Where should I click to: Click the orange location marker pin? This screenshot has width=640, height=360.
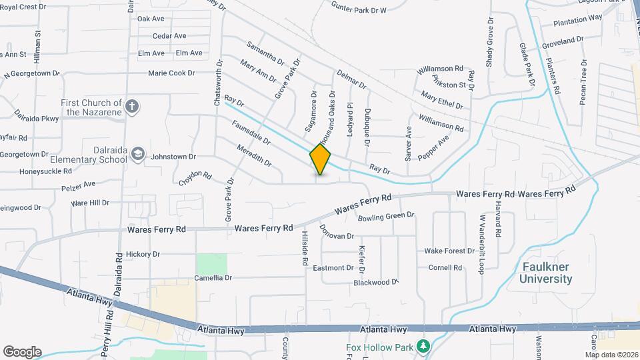[x=321, y=159]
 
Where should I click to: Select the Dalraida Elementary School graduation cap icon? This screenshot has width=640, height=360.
[x=137, y=154]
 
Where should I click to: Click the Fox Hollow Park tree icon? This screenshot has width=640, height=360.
[x=422, y=347]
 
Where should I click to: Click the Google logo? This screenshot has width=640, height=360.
[x=22, y=352]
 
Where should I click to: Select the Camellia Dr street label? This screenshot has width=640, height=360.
[x=213, y=277]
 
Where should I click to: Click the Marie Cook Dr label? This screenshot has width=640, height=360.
[x=171, y=73]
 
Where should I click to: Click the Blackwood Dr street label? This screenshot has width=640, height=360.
[x=375, y=283]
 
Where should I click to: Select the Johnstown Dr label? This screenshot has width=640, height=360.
[x=173, y=157]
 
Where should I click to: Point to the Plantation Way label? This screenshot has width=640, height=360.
[x=577, y=17]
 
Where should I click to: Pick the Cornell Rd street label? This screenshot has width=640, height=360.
[x=445, y=268]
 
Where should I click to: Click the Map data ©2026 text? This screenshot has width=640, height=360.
[x=612, y=355]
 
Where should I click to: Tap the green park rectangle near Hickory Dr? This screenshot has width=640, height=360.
[x=211, y=263]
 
